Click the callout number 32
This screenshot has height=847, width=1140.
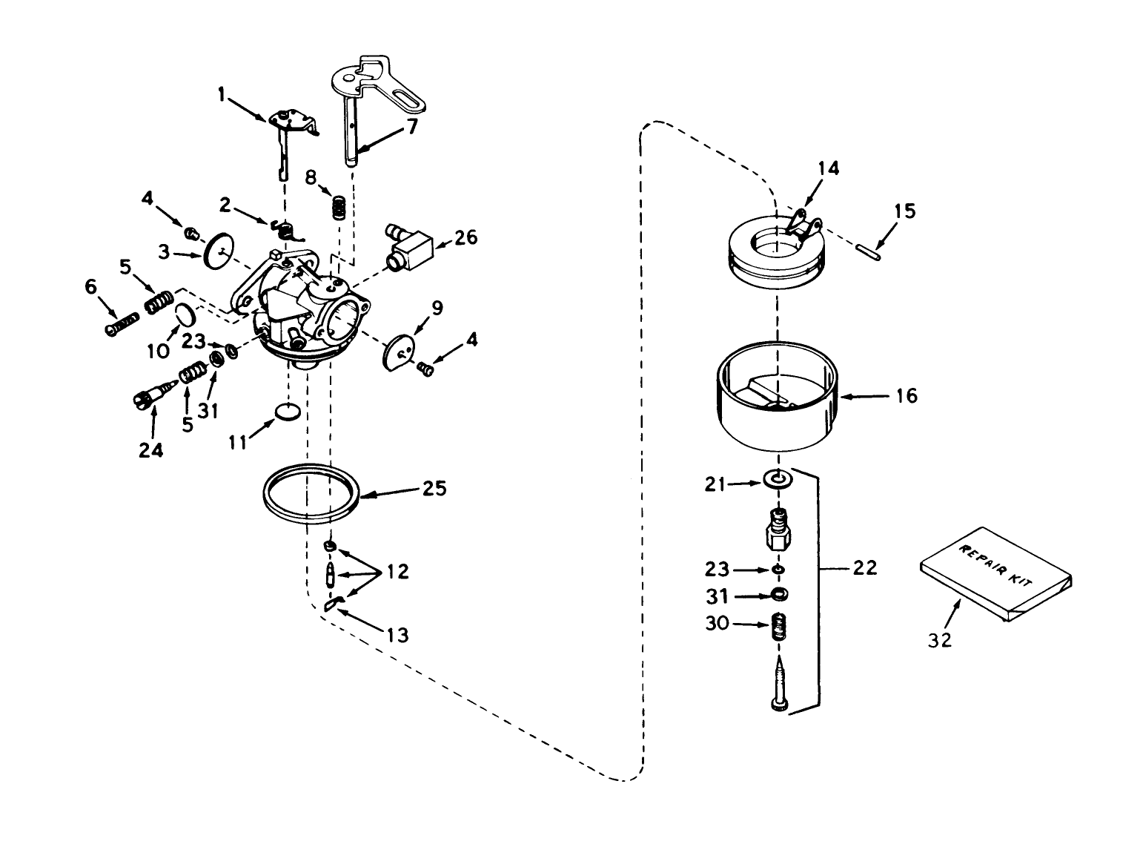pyautogui.click(x=939, y=639)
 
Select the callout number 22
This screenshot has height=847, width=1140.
pyautogui.click(x=865, y=568)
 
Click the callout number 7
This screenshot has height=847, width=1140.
pyautogui.click(x=411, y=126)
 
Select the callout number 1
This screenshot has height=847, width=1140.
pyautogui.click(x=221, y=94)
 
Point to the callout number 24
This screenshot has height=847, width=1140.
pyautogui.click(x=151, y=449)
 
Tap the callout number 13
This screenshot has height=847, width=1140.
pyautogui.click(x=398, y=635)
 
